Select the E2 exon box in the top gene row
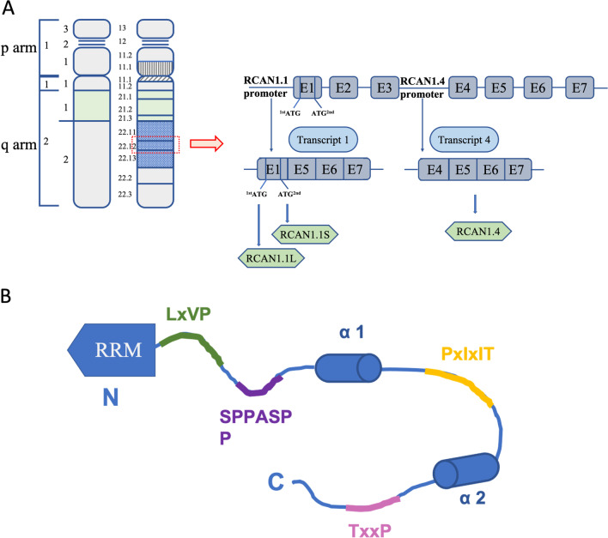344,87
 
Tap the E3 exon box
386,87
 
